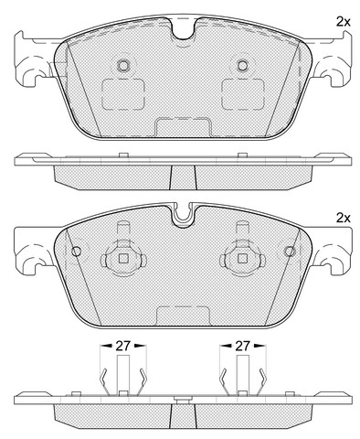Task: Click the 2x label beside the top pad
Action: pos(344,22)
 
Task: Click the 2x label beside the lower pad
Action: pos(344,218)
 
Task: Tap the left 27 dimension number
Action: pos(123,346)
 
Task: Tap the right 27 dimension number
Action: pos(242,346)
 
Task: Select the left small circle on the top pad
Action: pos(123,65)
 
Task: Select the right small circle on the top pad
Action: pos(243,65)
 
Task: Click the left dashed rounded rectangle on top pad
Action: pos(123,94)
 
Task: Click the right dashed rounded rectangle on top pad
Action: pos(242,94)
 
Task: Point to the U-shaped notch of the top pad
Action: pos(183,29)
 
